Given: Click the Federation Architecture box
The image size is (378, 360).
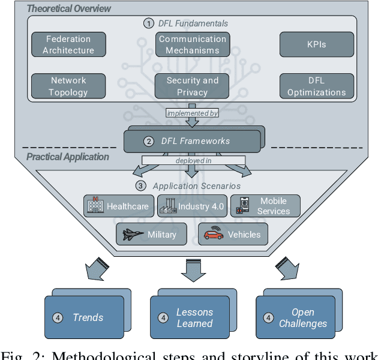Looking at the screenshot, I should click(68, 44).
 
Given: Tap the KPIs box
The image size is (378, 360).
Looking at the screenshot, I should click(316, 44).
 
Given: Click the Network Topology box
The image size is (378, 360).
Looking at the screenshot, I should click(68, 86).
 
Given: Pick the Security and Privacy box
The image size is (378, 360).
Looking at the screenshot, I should click(192, 86).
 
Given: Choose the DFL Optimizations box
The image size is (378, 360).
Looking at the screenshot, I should click(316, 86).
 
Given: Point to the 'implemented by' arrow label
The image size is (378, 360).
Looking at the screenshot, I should click(192, 113).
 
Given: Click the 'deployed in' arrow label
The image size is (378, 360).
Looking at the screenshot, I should click(192, 160).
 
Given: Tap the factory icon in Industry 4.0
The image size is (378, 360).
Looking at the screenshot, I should click(168, 206).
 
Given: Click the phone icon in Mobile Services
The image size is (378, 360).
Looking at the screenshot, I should click(244, 205).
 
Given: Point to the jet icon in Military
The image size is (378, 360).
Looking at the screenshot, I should click(133, 234).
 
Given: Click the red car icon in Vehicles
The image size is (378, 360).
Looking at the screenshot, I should click(214, 234).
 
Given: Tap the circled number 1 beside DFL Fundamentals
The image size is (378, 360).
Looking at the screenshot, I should click(148, 23).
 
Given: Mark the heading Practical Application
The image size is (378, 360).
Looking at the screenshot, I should click(67, 157).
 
